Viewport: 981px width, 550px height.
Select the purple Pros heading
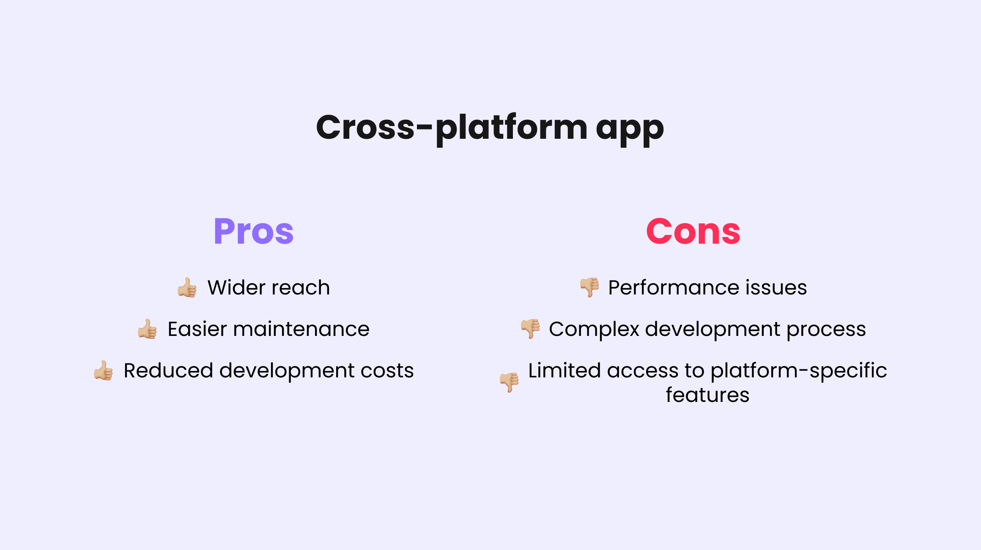(x=253, y=231)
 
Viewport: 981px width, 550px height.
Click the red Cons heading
(x=693, y=231)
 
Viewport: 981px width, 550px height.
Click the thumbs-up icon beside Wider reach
(x=187, y=288)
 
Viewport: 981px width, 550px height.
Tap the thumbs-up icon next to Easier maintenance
(x=147, y=329)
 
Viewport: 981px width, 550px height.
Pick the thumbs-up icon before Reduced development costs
(x=103, y=371)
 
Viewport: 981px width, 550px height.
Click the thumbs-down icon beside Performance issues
(x=589, y=287)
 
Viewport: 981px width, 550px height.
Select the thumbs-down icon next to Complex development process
(x=530, y=329)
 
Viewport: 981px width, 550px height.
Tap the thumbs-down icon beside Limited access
(x=509, y=382)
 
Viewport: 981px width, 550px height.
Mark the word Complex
(x=594, y=329)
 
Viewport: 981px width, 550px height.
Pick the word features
(x=707, y=395)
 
